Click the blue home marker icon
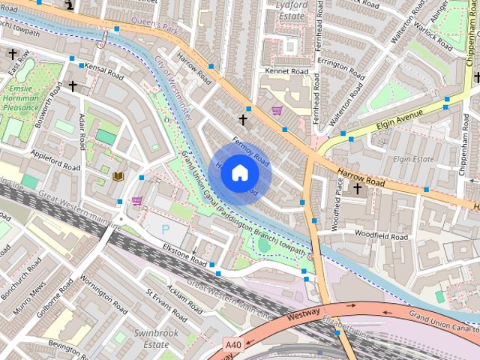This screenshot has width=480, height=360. [x=239, y=172]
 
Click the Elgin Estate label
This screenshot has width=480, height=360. [x=413, y=159]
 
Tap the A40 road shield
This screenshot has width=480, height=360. [x=233, y=345]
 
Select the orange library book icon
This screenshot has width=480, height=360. [x=118, y=176]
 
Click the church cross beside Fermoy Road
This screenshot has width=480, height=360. [x=242, y=119]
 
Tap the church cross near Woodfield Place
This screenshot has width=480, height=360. [x=357, y=188]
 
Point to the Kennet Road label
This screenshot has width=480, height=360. [x=286, y=71]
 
